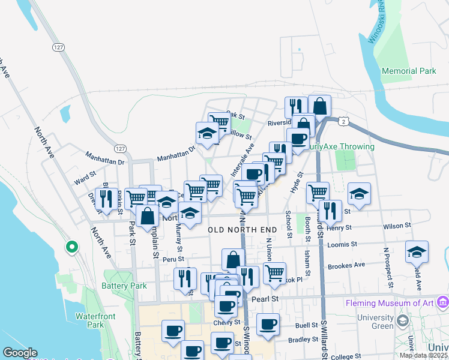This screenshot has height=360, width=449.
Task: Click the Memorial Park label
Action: pyautogui.click(x=409, y=71)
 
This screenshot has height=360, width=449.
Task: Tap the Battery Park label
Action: pyautogui.click(x=124, y=286)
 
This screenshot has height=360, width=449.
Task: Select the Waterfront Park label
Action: pyautogui.click(x=91, y=320)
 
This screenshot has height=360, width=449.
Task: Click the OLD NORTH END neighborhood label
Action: pyautogui.click(x=243, y=230)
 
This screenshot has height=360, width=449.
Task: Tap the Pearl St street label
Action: pyautogui.click(x=266, y=298)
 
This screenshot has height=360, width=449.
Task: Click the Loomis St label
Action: pyautogui.click(x=343, y=245)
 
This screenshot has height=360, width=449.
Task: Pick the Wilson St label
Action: pyautogui.click(x=397, y=226)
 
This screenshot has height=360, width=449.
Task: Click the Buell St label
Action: pyautogui.click(x=306, y=325)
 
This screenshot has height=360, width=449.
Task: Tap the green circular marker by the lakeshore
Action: pyautogui.click(x=71, y=247)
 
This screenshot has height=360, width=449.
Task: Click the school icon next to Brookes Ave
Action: pyautogui.click(x=416, y=253)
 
